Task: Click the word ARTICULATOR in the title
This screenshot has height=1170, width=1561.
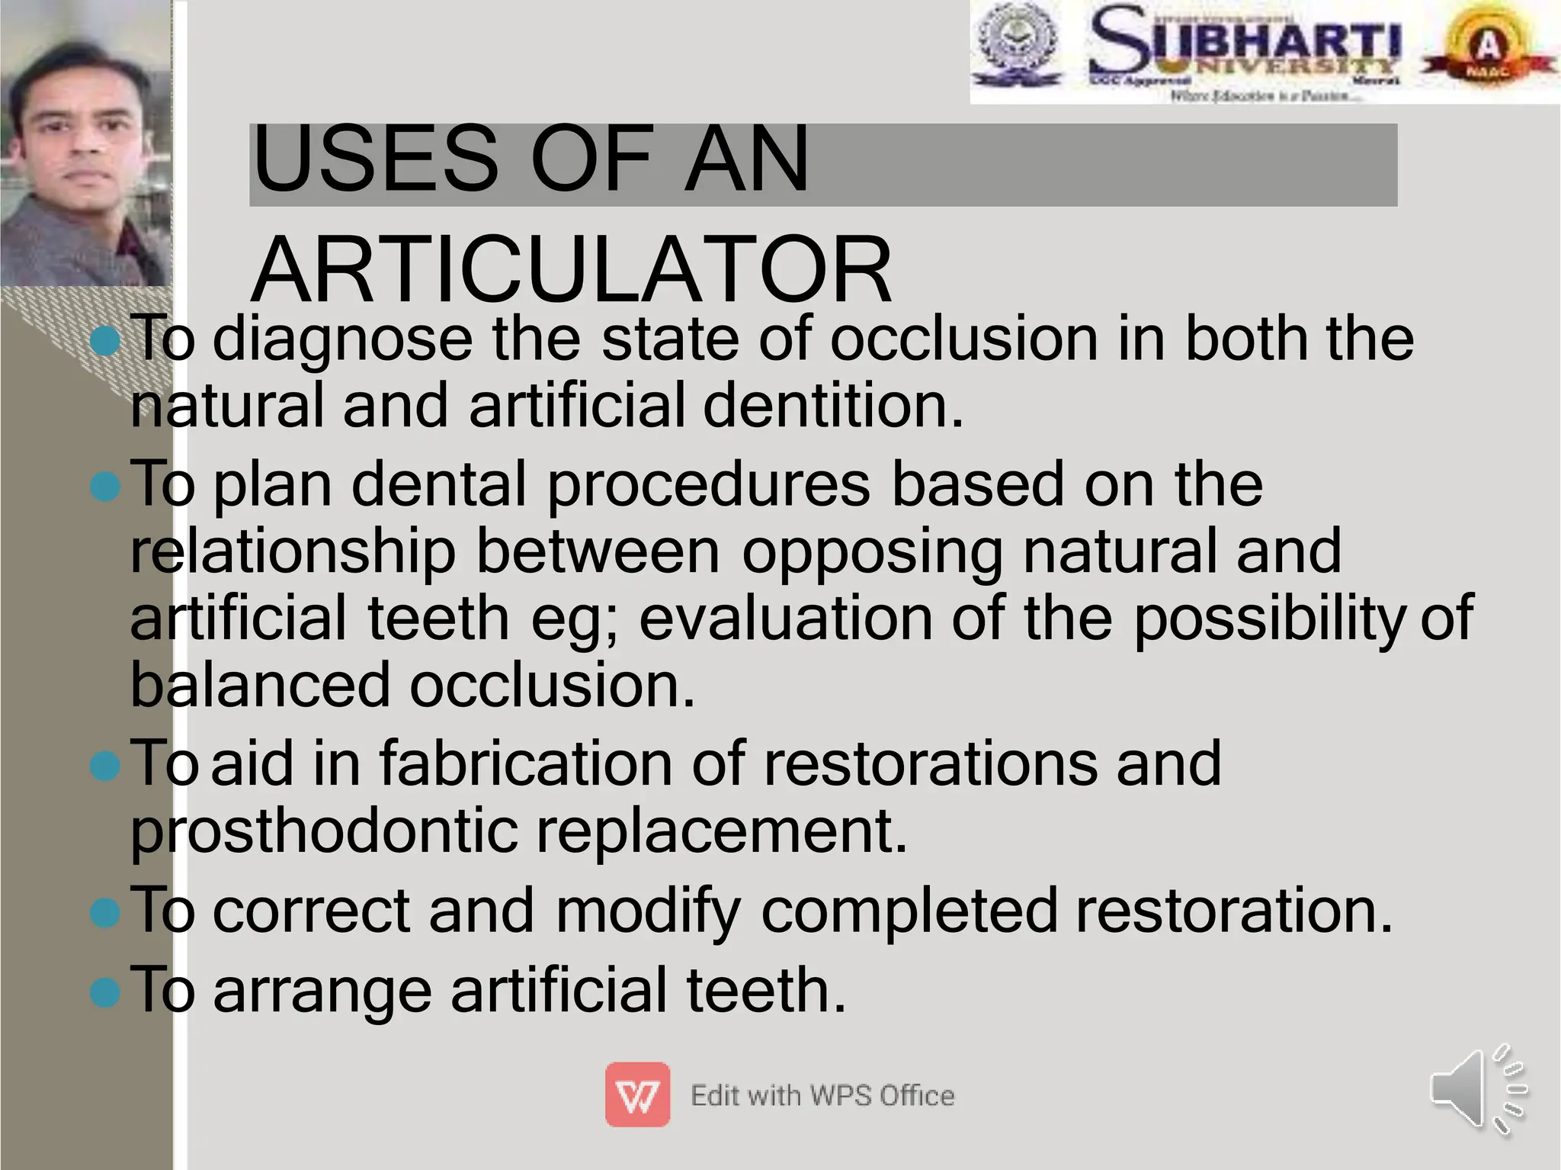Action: pos(571,270)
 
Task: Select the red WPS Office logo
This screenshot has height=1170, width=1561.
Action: pos(637,1094)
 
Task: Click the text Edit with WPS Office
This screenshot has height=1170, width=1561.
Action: pos(822,1096)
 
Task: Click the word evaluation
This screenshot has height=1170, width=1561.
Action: pos(785,619)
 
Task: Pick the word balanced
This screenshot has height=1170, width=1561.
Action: pos(260,685)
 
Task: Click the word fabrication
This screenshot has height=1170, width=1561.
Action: pos(525,764)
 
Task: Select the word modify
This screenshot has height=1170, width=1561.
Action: pos(647,911)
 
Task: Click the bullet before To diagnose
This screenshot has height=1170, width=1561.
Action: pos(104,341)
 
